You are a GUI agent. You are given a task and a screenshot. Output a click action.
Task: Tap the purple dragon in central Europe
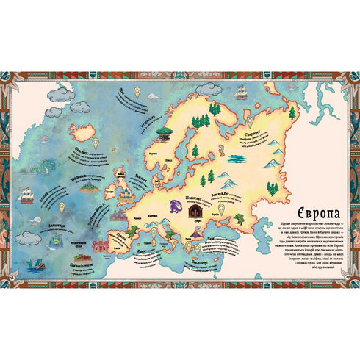pyautogui.click(x=175, y=207)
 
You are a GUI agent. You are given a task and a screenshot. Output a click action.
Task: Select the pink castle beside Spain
pyautogui.click(x=118, y=218)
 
